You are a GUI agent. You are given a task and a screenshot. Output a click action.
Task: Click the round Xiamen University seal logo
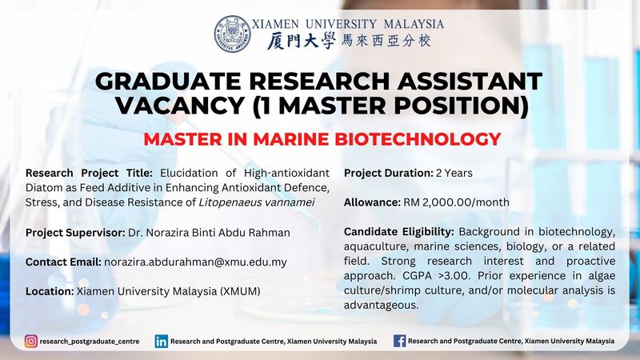pyautogui.click(x=233, y=34)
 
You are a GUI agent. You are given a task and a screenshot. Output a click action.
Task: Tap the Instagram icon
pyautogui.click(x=31, y=342)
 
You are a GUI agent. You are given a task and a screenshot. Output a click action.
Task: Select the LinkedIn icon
pyautogui.click(x=162, y=342)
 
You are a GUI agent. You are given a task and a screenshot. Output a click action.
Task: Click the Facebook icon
pyautogui.click(x=399, y=341)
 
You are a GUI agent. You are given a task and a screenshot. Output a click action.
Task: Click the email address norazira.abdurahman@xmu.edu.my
pyautogui.click(x=195, y=262)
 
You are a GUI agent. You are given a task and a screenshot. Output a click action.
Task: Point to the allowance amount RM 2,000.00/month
pyautogui.click(x=456, y=202)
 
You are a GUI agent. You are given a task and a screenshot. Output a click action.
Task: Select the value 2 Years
pyautogui.click(x=454, y=173)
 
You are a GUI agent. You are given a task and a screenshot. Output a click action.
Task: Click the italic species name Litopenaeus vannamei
pyautogui.click(x=256, y=202)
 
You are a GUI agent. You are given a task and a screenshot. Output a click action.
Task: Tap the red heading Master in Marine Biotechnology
pyautogui.click(x=322, y=139)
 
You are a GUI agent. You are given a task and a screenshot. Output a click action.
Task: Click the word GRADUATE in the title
pyautogui.click(x=168, y=81)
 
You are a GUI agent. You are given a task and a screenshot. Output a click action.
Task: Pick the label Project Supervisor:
pyautogui.click(x=75, y=233)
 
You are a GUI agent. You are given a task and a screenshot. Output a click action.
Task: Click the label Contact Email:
pyautogui.click(x=63, y=262)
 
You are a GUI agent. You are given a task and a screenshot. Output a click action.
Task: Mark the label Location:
pyautogui.click(x=50, y=291)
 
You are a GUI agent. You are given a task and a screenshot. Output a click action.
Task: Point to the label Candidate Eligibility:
pyautogui.click(x=398, y=232)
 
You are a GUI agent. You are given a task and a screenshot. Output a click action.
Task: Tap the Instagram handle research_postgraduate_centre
pyautogui.click(x=90, y=342)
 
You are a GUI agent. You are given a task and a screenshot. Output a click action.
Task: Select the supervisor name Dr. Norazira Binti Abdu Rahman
pyautogui.click(x=209, y=233)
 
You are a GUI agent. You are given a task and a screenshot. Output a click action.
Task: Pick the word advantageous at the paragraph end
pyautogui.click(x=382, y=306)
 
